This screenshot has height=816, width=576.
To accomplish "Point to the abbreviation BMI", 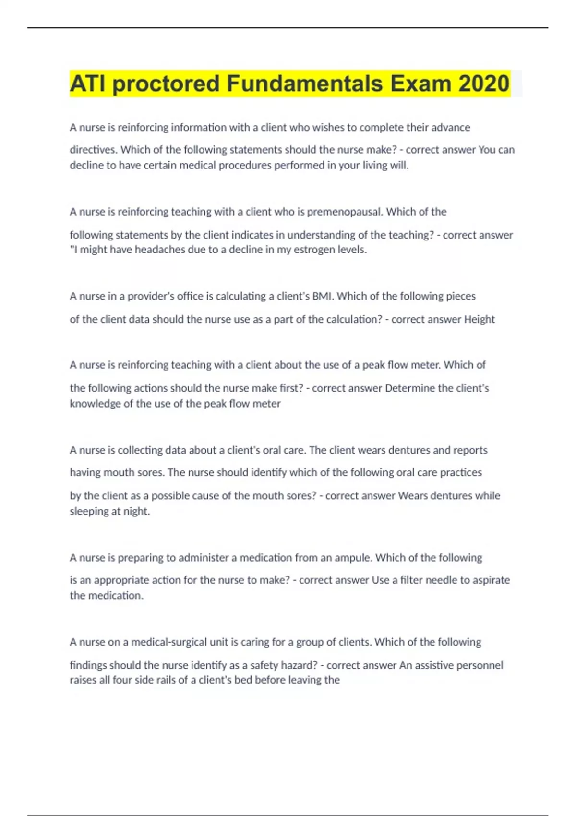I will click(x=322, y=296).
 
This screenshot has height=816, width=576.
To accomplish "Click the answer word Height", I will click(x=479, y=320).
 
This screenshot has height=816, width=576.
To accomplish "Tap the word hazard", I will click(x=300, y=665).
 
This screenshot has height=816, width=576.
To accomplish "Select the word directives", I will click(x=93, y=150).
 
